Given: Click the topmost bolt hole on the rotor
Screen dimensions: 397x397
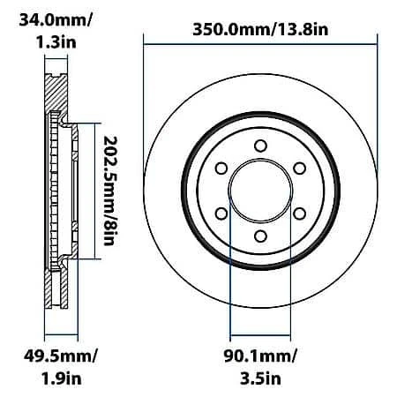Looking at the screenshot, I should [x=259, y=146].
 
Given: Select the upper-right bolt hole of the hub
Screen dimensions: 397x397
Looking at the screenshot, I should [x=299, y=169].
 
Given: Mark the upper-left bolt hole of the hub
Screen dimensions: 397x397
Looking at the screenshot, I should [x=221, y=169].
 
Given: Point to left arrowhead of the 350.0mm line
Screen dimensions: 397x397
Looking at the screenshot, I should [x=146, y=40].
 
